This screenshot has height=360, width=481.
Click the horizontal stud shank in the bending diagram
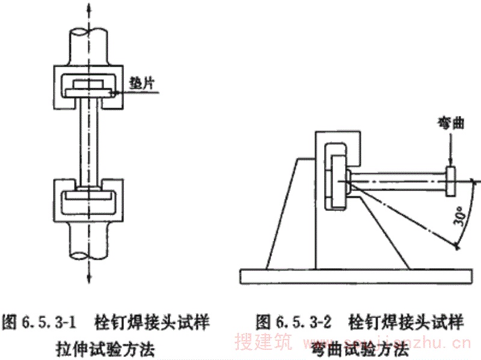click(x=397, y=179)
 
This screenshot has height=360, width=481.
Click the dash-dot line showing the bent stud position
click(x=409, y=216)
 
